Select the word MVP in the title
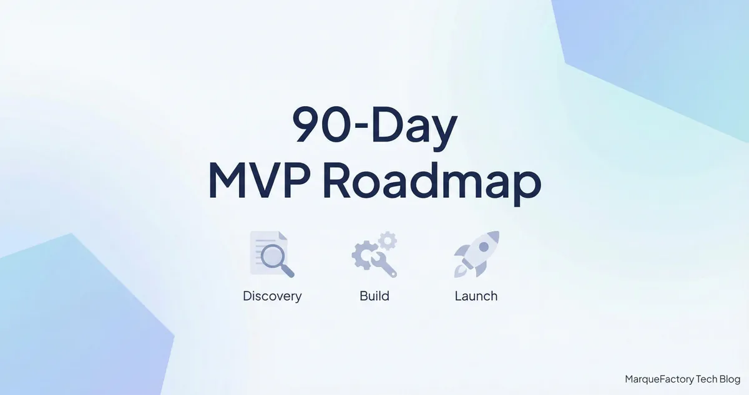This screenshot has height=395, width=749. (259, 181)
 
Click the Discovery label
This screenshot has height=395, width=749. (272, 296)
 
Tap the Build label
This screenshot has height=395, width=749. (374, 296)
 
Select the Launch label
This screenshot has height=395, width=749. (476, 296)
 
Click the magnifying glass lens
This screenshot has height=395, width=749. (272, 256)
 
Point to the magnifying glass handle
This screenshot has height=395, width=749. (287, 271)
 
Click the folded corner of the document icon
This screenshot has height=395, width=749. (283, 235)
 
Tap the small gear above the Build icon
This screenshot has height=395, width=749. (388, 241)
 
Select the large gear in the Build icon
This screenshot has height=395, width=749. (364, 255)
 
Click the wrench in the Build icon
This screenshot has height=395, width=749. (384, 265)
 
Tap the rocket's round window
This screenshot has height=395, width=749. (484, 247)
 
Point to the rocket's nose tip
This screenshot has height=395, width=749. (498, 232)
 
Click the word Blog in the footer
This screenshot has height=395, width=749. (730, 379)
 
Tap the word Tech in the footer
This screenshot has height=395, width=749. (707, 379)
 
